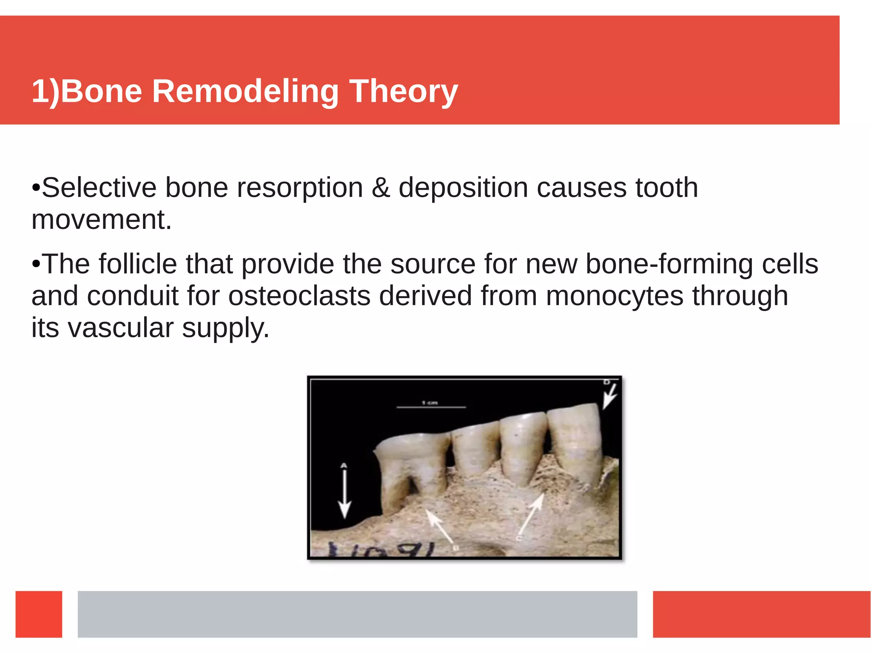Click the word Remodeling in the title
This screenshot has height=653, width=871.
(245, 91)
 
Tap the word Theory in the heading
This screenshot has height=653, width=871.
(403, 91)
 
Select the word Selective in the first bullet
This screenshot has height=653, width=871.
(99, 188)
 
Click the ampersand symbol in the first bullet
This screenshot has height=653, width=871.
(381, 188)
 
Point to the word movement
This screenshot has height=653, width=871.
(102, 220)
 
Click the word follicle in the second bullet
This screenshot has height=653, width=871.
(138, 264)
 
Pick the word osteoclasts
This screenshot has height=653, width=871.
(299, 296)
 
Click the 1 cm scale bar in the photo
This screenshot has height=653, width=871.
(431, 407)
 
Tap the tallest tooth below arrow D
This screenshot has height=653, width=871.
(574, 442)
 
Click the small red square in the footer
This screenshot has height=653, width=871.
(39, 614)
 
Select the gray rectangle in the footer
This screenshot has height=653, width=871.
(357, 614)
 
